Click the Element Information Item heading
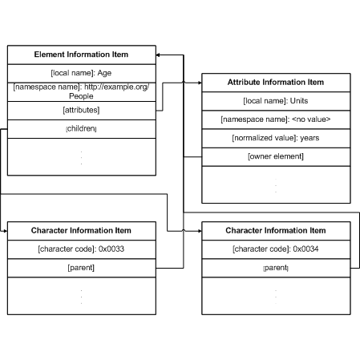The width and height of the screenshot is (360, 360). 81,55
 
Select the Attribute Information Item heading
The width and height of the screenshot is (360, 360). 276,83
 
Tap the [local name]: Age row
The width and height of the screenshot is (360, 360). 81,73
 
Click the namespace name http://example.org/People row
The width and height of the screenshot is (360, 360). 81,91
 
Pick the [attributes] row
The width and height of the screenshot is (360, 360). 81,110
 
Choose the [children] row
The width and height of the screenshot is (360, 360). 81,129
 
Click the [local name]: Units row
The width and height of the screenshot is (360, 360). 276,101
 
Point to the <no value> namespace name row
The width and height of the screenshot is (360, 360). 276,119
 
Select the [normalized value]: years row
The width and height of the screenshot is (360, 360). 276,138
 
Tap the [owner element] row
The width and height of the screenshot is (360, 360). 276,156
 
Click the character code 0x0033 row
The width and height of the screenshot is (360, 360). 81,249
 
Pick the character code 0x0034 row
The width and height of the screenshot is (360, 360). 276,249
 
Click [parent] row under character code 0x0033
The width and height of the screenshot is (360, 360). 81,268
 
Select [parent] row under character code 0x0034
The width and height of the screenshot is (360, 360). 276,268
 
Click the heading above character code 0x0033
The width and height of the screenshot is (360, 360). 81,231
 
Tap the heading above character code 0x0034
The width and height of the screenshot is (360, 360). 276,231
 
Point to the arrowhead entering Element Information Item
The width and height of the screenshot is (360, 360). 158,55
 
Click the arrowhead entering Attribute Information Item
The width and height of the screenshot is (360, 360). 200,83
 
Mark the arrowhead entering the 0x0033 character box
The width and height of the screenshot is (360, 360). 6,231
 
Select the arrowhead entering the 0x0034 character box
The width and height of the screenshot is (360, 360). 200,231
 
